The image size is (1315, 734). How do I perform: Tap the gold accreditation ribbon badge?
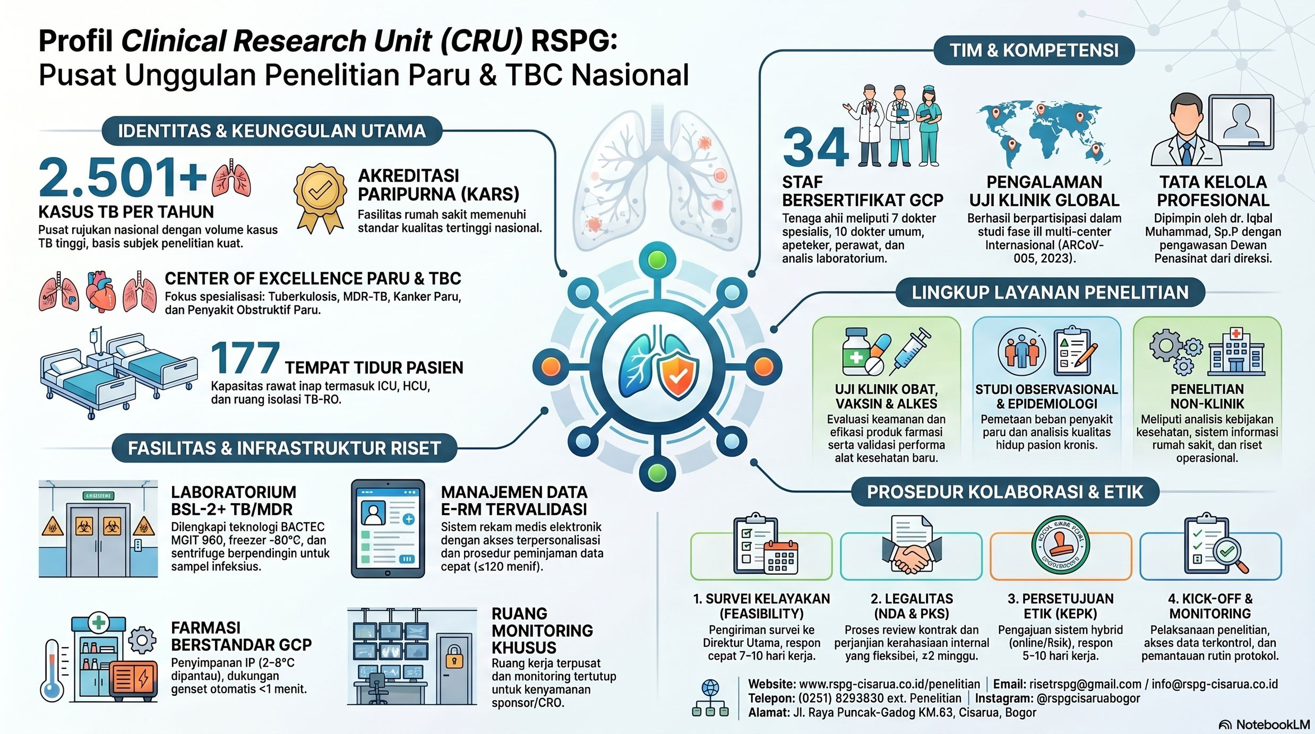pyautogui.click(x=320, y=198)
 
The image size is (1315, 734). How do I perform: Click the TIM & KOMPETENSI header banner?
pyautogui.click(x=1034, y=50)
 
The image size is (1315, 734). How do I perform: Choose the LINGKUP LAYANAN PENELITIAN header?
pyautogui.click(x=1050, y=292)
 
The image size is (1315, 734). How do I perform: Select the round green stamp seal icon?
pyautogui.click(x=1061, y=545)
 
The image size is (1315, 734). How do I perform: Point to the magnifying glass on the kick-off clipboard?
pyautogui.click(x=1231, y=555)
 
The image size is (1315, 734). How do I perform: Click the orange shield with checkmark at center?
pyautogui.click(x=678, y=376)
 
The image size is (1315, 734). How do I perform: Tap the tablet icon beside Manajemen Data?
pyautogui.click(x=388, y=529)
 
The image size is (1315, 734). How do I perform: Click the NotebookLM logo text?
pyautogui.click(x=1273, y=724)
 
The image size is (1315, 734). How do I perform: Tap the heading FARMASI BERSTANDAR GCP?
pyautogui.click(x=241, y=636)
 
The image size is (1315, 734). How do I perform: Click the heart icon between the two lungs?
pyautogui.click(x=101, y=291)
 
